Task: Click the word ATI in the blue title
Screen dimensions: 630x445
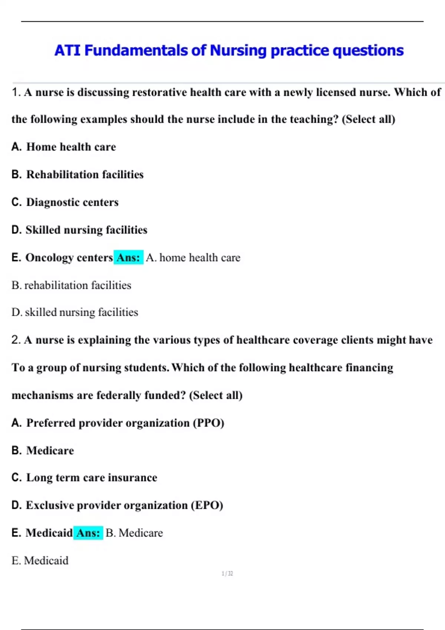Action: coord(67,50)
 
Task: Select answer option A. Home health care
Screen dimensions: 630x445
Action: coord(64,147)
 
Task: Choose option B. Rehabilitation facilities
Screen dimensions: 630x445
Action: coord(78,175)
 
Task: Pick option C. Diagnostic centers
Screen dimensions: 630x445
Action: coord(65,202)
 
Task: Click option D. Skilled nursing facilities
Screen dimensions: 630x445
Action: coord(79,230)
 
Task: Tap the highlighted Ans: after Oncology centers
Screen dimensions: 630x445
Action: coord(128,258)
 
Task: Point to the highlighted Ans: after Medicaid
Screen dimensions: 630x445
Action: coord(88,533)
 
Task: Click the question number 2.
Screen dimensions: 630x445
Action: coord(16,340)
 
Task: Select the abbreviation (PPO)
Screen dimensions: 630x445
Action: coord(208,423)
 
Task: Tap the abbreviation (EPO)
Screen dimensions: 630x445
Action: coord(207,505)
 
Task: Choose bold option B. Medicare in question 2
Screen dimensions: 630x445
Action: coord(43,451)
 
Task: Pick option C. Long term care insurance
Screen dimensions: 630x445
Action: coord(85,478)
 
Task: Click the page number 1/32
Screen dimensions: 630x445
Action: coord(227,574)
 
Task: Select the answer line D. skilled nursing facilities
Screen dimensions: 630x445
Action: coord(75,312)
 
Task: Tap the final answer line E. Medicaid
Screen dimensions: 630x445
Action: coord(40,561)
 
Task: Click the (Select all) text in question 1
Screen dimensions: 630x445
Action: coord(368,119)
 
